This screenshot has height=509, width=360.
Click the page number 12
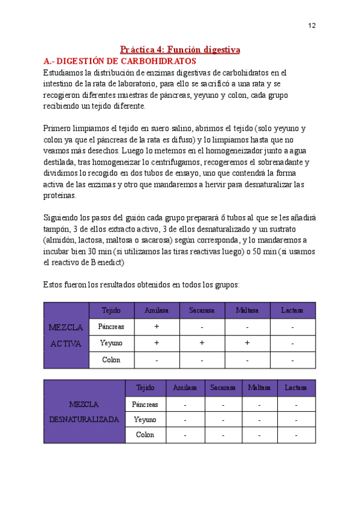[312, 25]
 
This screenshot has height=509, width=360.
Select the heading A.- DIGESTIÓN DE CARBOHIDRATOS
[120, 61]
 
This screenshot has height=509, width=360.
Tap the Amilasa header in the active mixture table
[157, 310]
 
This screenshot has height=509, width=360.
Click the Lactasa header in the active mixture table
[292, 310]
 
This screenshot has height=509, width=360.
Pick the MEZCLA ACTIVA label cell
[66, 335]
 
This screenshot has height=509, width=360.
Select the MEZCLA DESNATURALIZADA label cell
[84, 412]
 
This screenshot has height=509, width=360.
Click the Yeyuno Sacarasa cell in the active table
[202, 343]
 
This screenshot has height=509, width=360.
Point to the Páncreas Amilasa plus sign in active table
[157, 327]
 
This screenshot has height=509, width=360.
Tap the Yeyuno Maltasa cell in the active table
[247, 343]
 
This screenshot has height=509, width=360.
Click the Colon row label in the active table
[111, 360]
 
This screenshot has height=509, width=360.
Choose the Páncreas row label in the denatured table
[145, 404]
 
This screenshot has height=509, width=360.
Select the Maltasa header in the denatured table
[259, 388]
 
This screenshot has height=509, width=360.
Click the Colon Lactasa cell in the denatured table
[296, 435]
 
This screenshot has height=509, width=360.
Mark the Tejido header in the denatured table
[145, 388]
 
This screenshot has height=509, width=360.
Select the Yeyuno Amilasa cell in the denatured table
[185, 420]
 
